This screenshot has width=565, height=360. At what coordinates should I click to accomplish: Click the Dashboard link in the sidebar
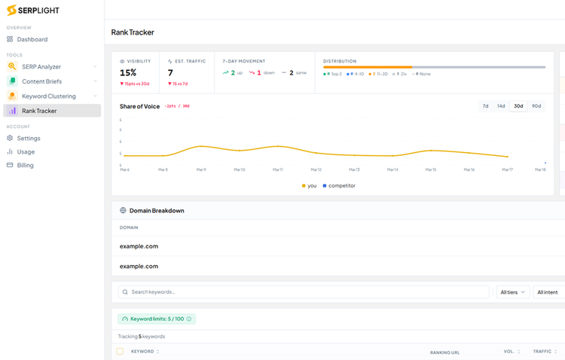[x=32, y=39]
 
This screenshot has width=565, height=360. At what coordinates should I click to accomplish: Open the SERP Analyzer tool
[x=41, y=67]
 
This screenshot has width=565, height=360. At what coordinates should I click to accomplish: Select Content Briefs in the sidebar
[x=41, y=81]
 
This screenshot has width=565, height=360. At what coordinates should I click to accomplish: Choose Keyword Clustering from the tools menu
[x=48, y=96]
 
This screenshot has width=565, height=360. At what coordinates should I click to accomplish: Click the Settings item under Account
[x=29, y=139]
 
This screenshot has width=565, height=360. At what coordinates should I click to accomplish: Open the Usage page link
[x=26, y=152]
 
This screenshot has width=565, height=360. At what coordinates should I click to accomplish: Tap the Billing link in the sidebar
[x=26, y=166]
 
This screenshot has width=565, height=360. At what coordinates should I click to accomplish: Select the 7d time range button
[x=486, y=106]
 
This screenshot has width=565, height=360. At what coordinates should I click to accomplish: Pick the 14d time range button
[x=501, y=106]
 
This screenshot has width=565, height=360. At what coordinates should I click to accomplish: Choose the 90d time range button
[x=536, y=106]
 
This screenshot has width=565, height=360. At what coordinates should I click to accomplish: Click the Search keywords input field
[x=301, y=292]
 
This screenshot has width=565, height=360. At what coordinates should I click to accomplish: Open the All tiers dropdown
[x=512, y=292]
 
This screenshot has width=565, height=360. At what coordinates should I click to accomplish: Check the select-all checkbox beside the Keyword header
[x=120, y=352]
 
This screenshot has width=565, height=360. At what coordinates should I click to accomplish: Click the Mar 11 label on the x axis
[x=277, y=170]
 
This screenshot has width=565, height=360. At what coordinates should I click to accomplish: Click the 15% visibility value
[x=128, y=73]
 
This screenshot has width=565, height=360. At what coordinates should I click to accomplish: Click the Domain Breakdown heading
[x=157, y=211]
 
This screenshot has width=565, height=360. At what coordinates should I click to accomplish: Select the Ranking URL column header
[x=444, y=352]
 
